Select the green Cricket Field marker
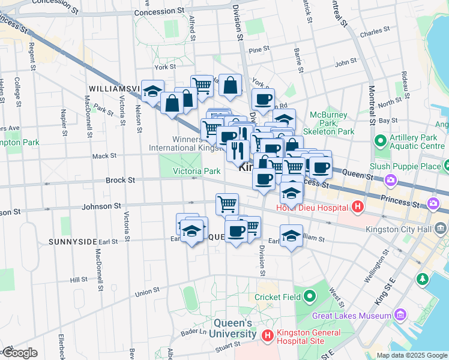click(x=310, y=296)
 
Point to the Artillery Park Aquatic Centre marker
click(x=379, y=141)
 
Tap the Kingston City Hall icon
click(x=441, y=228)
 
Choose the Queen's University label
click(x=220, y=329)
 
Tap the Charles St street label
click(x=371, y=32)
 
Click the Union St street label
click(x=147, y=293)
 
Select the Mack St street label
click(x=104, y=156)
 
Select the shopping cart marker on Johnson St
click(x=227, y=204)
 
